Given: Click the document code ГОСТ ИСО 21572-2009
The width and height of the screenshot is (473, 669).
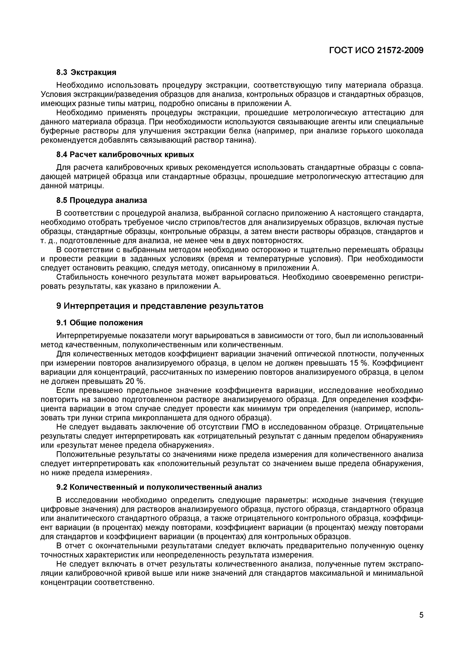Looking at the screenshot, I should (376, 50).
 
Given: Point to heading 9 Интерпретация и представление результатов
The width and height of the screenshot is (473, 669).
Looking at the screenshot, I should (160, 306).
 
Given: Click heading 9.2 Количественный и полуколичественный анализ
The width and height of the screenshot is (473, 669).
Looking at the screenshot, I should (159, 487).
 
